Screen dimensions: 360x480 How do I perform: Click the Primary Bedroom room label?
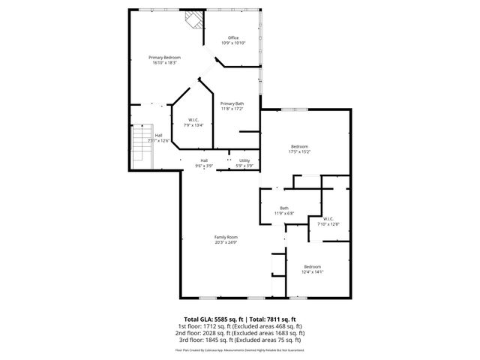click(x=165, y=58)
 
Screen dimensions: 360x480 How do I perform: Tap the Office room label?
click(x=233, y=38)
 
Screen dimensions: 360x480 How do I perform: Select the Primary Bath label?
click(x=232, y=103)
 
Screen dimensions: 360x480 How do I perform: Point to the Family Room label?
click(x=226, y=237)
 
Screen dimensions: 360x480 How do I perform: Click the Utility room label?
click(x=244, y=160)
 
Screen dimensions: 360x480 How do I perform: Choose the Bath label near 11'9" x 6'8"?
click(x=284, y=208)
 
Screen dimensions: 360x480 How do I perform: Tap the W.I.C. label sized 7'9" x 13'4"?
click(x=193, y=121)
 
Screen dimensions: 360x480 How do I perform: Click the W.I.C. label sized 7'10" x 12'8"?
click(x=328, y=219)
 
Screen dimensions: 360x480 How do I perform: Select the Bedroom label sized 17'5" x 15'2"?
click(x=300, y=146)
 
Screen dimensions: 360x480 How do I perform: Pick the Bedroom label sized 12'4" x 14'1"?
click(x=312, y=267)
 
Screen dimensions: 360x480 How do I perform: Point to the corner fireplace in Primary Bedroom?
click(x=193, y=20)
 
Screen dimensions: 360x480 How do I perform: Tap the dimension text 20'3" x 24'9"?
click(x=226, y=242)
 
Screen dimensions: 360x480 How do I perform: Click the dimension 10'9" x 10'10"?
click(x=233, y=43)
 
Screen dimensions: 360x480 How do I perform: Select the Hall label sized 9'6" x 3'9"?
click(x=204, y=160)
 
